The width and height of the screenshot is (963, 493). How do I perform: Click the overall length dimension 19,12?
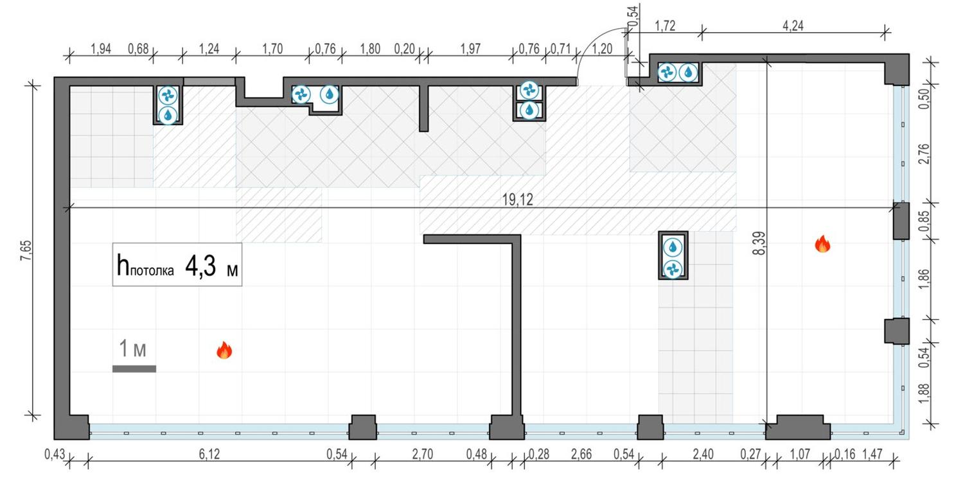pos(517,200)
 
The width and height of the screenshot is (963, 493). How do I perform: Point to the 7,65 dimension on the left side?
pos(26,248)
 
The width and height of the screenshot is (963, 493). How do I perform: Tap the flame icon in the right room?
pos(822,244)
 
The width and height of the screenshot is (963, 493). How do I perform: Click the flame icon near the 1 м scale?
pos(224,350)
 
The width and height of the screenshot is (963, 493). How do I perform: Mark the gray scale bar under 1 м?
pos(134,368)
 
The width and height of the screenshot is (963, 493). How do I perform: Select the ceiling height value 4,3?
pos(199,265)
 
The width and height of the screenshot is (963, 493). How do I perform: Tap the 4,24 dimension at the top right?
pos(793,26)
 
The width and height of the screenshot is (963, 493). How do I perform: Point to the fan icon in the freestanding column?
pos(673,268)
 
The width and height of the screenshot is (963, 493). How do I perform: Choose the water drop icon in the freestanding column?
pos(673,246)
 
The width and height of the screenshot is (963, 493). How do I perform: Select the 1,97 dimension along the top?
pos(470,50)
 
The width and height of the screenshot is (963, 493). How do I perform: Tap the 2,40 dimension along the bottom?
pos(703,454)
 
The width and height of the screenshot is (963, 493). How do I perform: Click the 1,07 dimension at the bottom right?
pos(797,454)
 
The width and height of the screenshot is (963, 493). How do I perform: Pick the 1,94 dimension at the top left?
pos(102,50)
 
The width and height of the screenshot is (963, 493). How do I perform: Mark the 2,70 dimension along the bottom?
pos(423,454)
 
